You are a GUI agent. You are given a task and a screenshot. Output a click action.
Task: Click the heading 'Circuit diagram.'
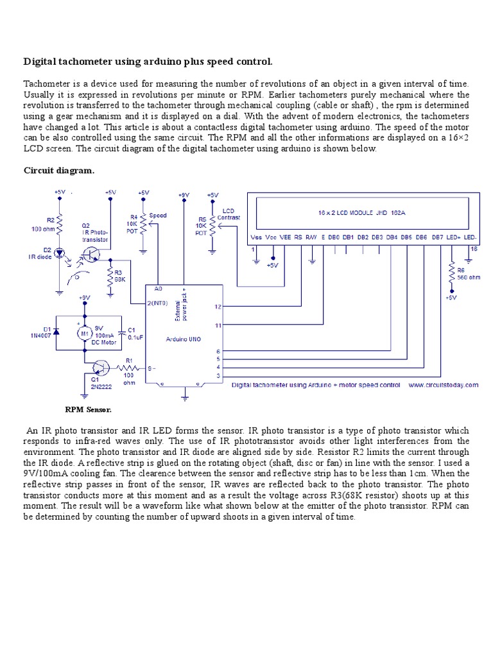click(59, 170)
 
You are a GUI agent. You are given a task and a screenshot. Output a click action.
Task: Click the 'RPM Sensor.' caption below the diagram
click(88, 408)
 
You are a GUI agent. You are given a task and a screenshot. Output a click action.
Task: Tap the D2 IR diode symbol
click(60, 253)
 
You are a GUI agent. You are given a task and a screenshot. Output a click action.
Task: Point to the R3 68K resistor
click(110, 275)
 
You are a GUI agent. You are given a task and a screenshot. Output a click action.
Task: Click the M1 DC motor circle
click(82, 332)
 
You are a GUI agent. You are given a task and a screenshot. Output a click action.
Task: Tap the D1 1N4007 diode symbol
click(56, 331)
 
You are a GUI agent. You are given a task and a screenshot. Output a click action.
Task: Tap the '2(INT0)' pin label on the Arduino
click(158, 303)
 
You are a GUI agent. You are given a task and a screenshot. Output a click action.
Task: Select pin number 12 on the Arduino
click(218, 307)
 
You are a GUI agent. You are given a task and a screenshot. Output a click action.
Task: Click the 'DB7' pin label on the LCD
click(437, 237)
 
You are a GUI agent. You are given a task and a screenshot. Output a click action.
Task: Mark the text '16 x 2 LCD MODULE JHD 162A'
click(361, 211)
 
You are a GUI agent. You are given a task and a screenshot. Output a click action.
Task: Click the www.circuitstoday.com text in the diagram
click(442, 385)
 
